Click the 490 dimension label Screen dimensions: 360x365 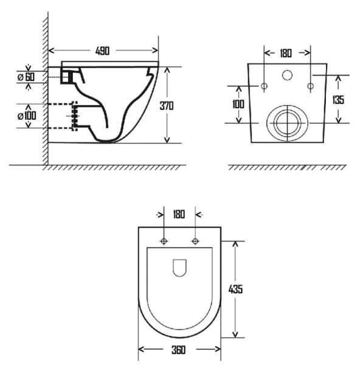[x=102, y=50]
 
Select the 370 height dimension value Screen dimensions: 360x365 [x=167, y=106]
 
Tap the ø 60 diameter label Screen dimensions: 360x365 [x=26, y=77]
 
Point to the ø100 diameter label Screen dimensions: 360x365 [x=27, y=116]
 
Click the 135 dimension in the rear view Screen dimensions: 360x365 [x=338, y=100]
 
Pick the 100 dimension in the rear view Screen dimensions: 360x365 [x=238, y=104]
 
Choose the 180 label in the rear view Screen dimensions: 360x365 [x=286, y=54]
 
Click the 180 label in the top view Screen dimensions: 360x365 [x=179, y=214]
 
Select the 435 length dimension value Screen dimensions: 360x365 [x=235, y=290]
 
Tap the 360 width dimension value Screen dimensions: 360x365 [x=179, y=350]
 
